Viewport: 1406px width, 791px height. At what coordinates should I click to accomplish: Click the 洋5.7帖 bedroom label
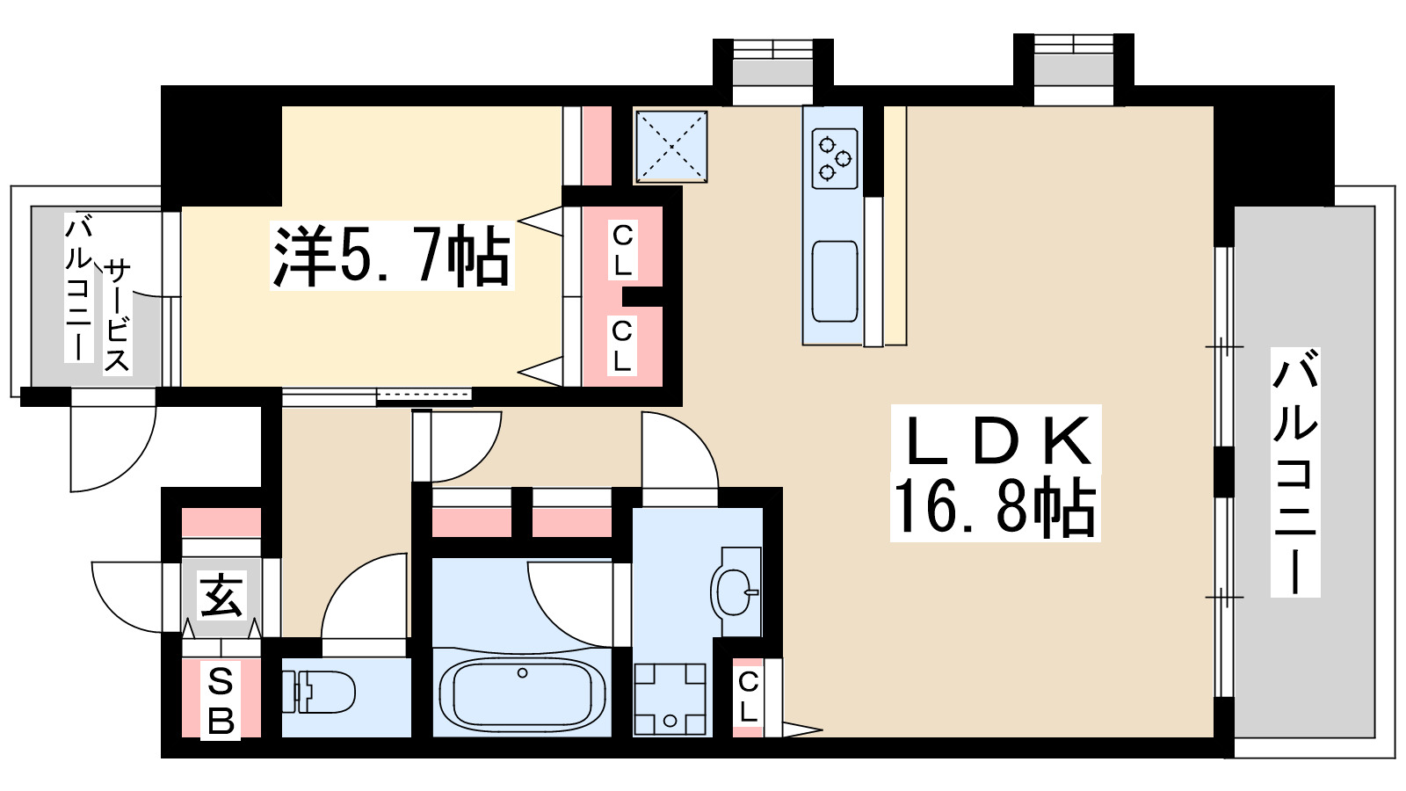392,257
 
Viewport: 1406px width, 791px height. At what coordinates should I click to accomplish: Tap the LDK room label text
996,440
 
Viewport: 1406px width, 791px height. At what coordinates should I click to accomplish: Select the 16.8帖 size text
996,507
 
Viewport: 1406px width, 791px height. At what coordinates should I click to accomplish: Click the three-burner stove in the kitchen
834,159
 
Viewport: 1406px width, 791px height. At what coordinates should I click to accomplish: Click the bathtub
522,693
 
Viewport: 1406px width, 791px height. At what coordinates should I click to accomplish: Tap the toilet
320,691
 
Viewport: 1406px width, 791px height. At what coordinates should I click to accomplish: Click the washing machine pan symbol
670,698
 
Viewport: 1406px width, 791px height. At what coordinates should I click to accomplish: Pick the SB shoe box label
221,700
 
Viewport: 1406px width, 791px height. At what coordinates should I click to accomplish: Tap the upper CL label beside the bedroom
622,250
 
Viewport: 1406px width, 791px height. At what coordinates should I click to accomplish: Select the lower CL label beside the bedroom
622,345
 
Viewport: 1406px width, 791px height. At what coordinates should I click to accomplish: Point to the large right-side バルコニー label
1295,472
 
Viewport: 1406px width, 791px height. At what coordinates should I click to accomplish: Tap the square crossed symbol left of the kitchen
671,146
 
